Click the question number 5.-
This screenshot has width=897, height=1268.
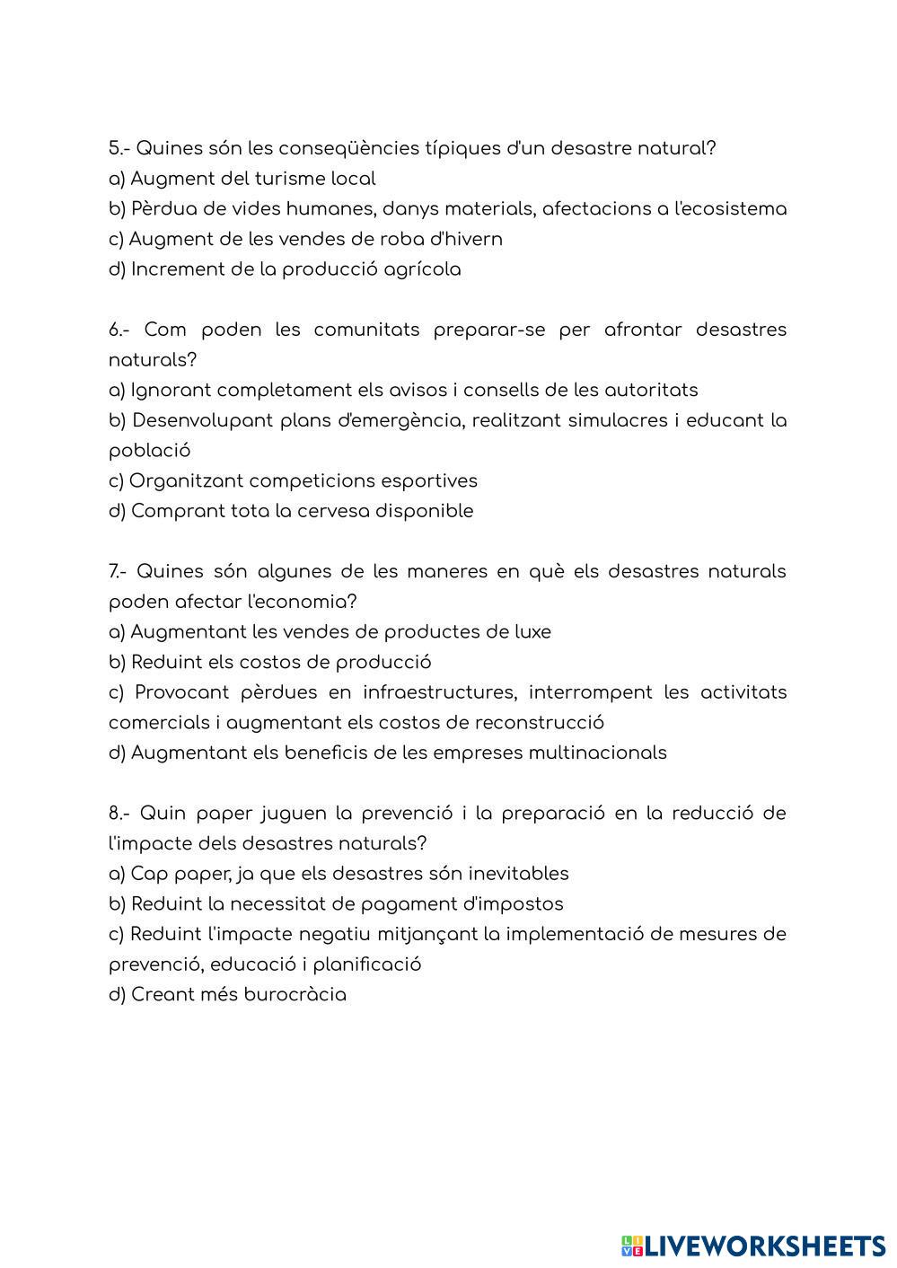tap(119, 148)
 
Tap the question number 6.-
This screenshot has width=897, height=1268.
tap(119, 330)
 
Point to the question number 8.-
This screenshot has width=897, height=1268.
tap(119, 813)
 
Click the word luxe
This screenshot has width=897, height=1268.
tap(530, 631)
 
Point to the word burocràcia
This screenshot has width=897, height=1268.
tap(295, 994)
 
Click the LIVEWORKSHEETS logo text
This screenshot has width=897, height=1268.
tap(763, 1246)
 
